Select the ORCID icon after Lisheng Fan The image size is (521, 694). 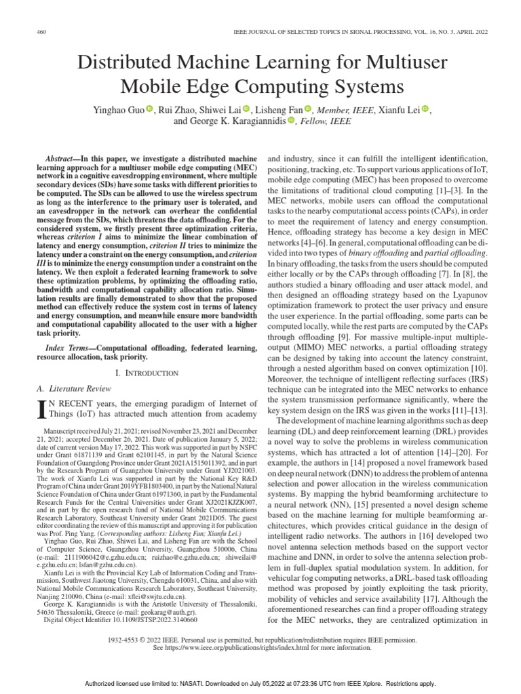tap(307, 109)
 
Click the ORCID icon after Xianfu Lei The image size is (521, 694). tap(426, 109)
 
